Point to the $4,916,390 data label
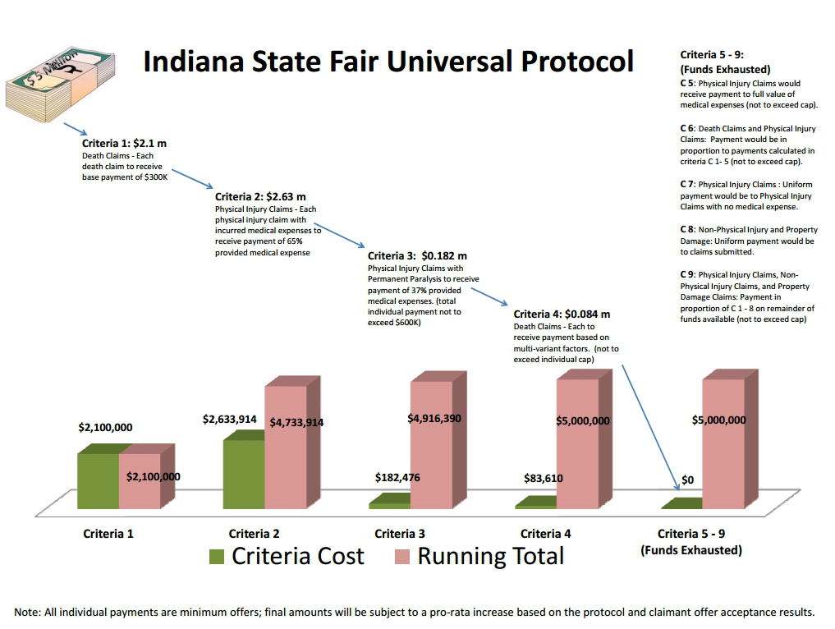click(434, 419)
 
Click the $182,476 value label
click(400, 477)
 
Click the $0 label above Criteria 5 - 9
click(688, 480)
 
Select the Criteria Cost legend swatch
click(217, 557)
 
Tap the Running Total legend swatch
click(402, 557)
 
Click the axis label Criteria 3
click(400, 534)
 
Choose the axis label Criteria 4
click(546, 534)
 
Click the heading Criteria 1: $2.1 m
click(124, 143)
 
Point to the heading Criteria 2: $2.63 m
click(260, 197)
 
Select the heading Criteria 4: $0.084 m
click(562, 314)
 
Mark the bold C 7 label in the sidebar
click(687, 185)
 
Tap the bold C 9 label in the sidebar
click(687, 274)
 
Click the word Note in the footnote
click(28, 612)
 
